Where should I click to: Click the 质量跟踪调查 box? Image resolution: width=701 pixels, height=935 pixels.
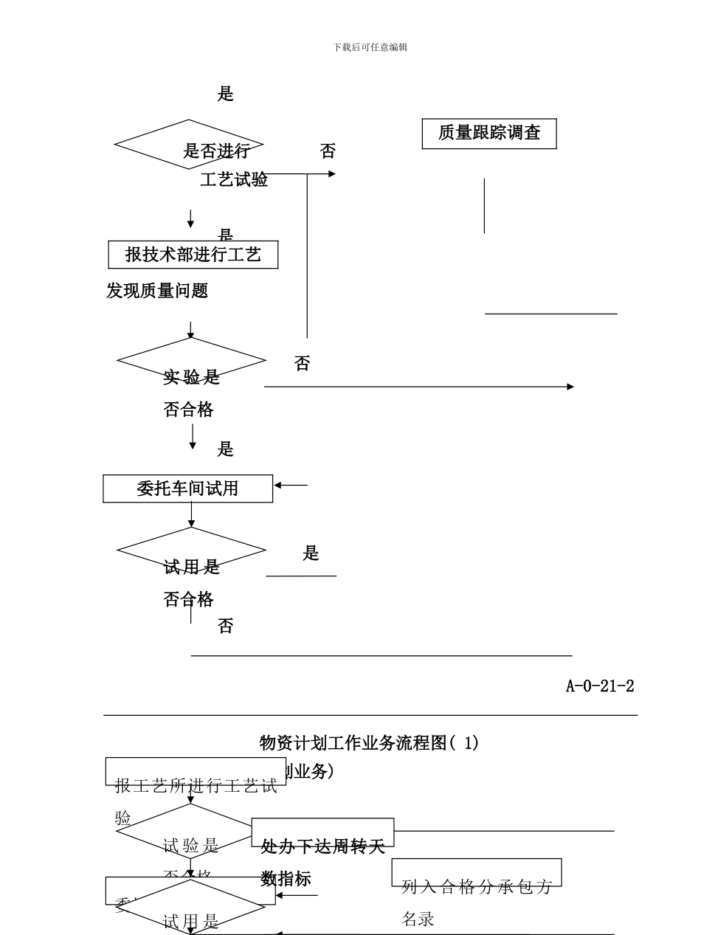tap(488, 134)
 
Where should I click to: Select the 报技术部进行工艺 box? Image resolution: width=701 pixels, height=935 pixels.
tap(193, 255)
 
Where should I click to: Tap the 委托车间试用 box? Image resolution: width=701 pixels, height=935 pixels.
tap(187, 489)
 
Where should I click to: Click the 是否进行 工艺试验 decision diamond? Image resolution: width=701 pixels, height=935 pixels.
tap(189, 145)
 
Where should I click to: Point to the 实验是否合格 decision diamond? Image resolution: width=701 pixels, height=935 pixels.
tap(191, 361)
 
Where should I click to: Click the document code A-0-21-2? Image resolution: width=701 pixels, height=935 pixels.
tap(599, 686)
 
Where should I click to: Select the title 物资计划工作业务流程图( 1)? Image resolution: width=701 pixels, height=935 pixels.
tap(369, 743)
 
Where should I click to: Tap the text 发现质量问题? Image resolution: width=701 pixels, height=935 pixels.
tap(157, 291)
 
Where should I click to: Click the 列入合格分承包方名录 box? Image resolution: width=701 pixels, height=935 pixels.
tap(476, 873)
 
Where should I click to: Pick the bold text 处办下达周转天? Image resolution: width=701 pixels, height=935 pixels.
tap(323, 847)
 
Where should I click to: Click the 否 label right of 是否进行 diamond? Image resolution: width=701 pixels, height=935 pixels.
tap(328, 152)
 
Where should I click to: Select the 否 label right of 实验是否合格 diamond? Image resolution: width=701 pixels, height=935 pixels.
tap(303, 364)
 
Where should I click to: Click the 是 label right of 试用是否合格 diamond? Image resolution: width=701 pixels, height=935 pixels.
tap(311, 553)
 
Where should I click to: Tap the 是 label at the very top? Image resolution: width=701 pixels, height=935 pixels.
tap(226, 94)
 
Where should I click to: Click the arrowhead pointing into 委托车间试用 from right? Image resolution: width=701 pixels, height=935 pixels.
tap(278, 485)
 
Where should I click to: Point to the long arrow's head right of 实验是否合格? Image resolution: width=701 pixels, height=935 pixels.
tap(570, 387)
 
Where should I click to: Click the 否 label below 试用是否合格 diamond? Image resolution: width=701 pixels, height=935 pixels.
tap(226, 627)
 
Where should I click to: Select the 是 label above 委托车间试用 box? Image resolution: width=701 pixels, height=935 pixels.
tap(226, 449)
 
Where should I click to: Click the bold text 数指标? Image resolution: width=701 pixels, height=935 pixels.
tap(286, 879)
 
